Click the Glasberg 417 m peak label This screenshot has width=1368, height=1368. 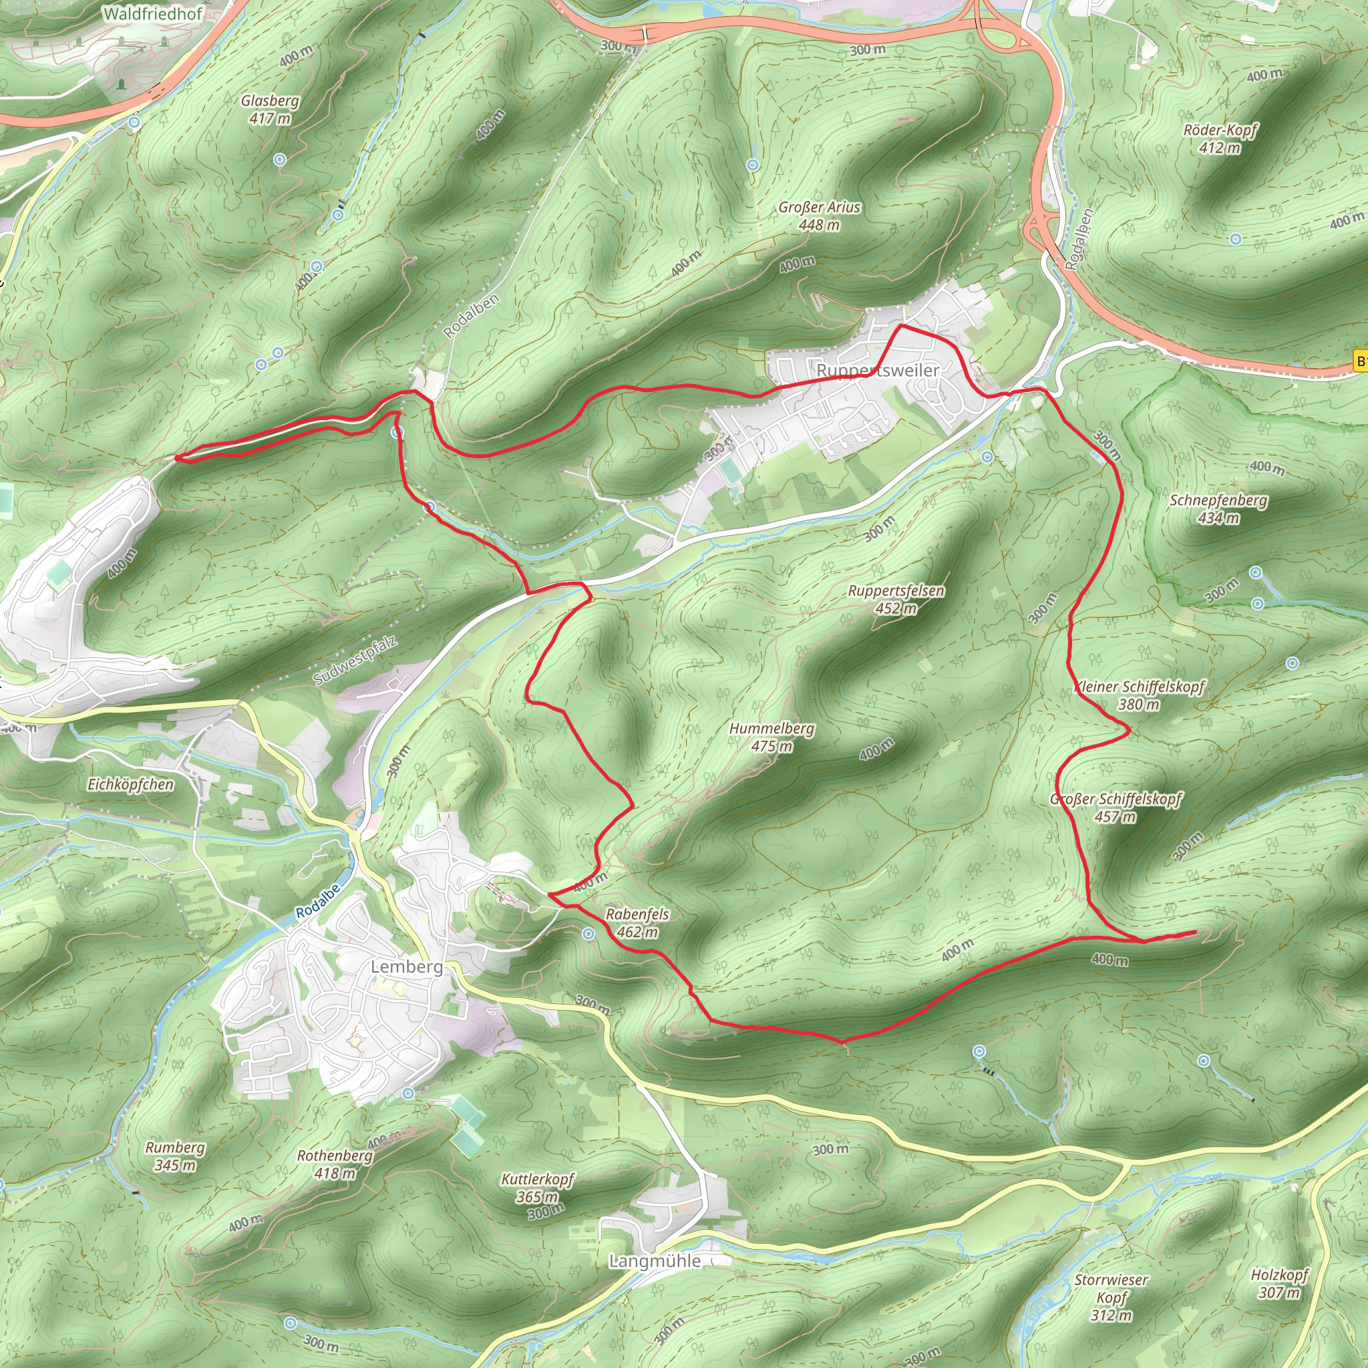click(x=270, y=110)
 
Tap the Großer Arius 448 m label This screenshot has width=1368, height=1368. click(x=819, y=216)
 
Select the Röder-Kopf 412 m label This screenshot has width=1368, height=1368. click(x=1220, y=139)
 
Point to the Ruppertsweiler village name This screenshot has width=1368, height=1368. click(x=878, y=370)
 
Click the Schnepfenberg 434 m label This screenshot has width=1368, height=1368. click(x=1218, y=509)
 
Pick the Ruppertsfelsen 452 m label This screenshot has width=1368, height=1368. click(x=896, y=599)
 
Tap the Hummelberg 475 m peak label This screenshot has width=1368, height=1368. click(x=772, y=737)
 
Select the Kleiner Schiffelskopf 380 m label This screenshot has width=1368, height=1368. click(x=1139, y=695)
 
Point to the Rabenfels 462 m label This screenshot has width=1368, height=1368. click(x=637, y=923)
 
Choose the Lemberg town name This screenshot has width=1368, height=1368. click(x=407, y=967)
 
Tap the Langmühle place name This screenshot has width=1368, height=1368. click(x=655, y=1261)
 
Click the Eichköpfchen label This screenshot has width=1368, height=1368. click(x=130, y=785)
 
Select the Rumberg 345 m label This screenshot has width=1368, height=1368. click(x=175, y=1156)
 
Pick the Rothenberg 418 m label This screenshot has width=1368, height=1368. click(x=335, y=1165)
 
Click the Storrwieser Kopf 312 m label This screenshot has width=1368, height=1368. click(x=1111, y=1298)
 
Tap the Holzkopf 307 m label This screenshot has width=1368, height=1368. click(x=1279, y=1284)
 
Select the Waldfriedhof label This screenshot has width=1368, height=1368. click(x=153, y=13)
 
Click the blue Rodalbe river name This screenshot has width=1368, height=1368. click(x=318, y=901)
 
